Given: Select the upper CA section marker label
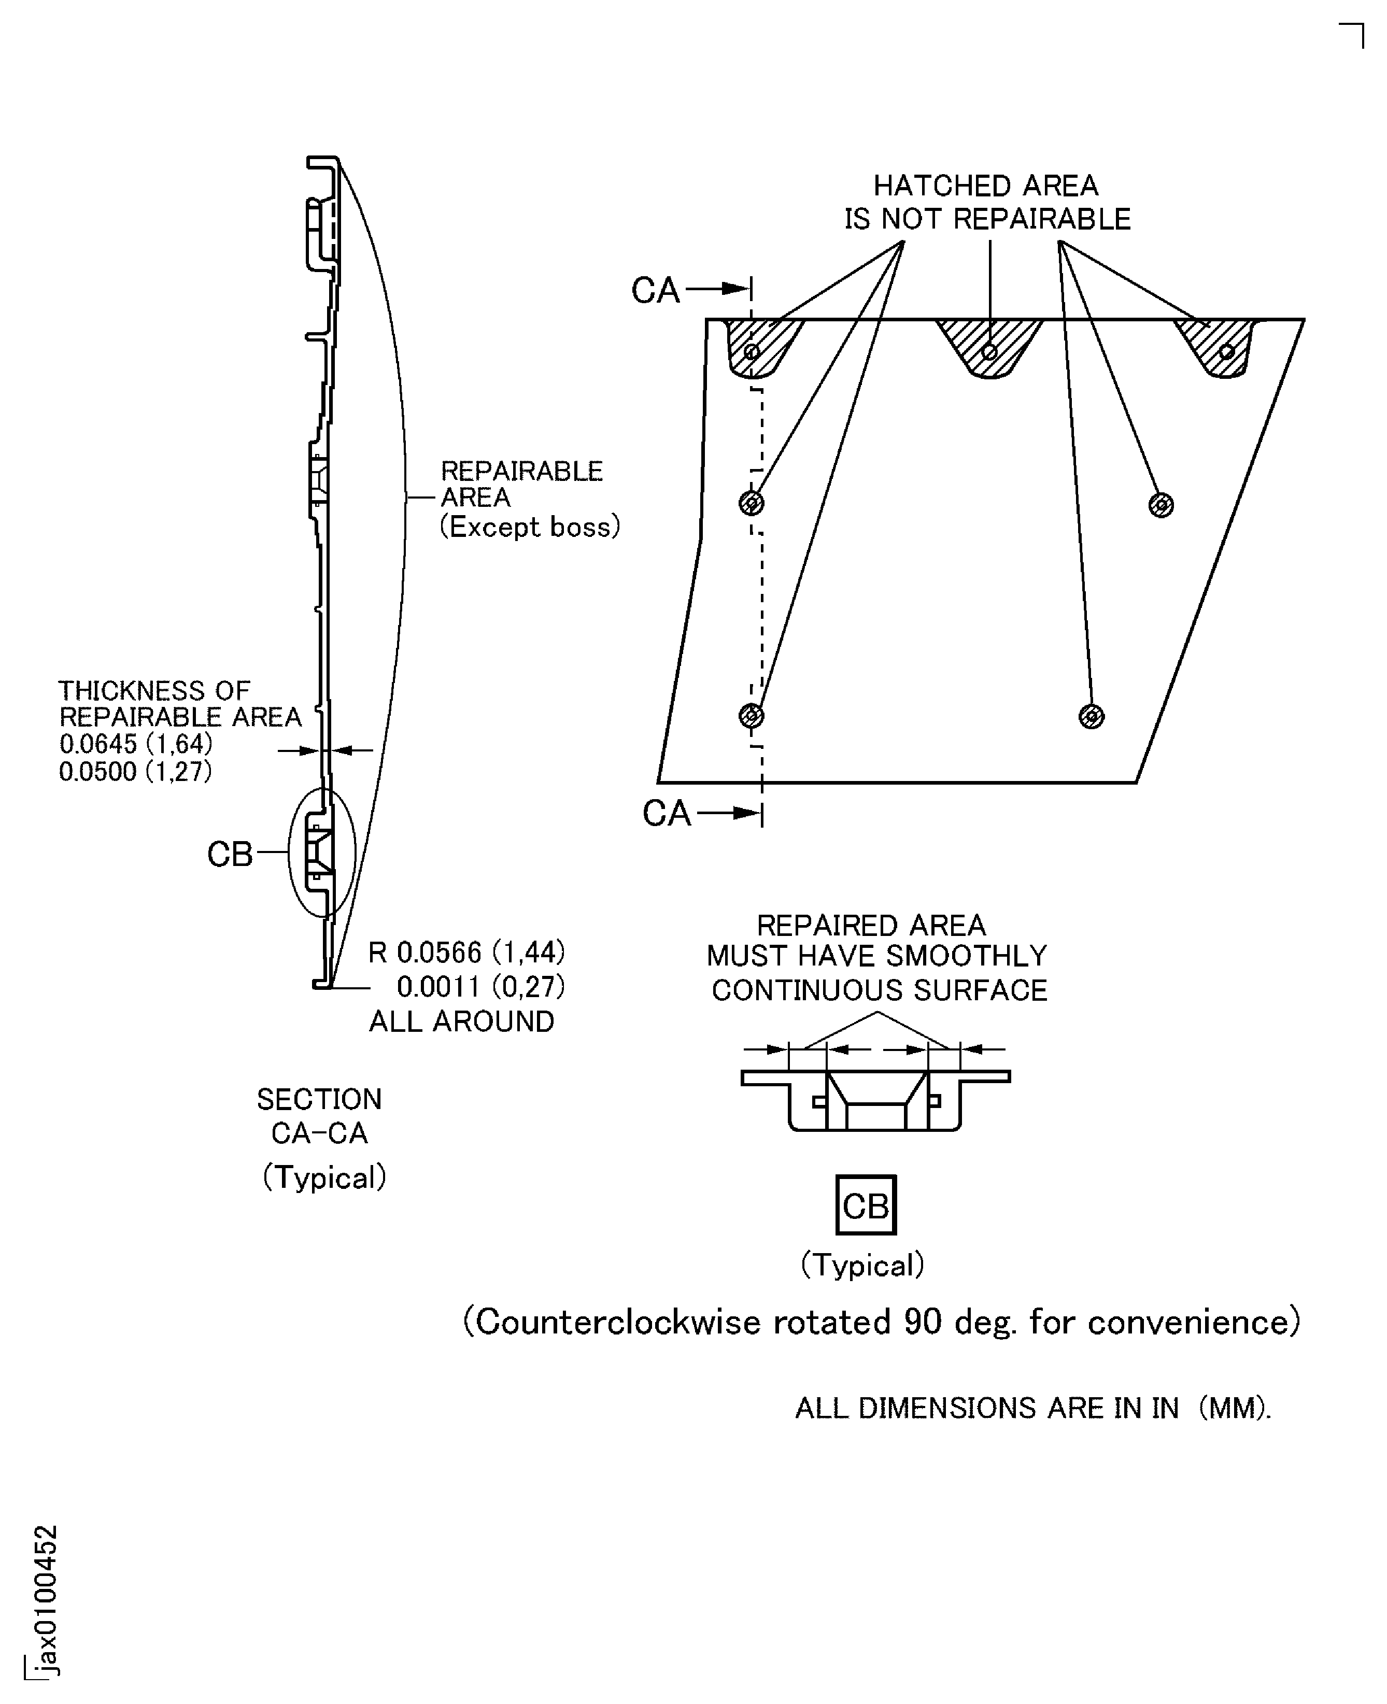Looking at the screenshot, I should click(x=655, y=291).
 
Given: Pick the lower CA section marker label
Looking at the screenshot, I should click(x=667, y=814).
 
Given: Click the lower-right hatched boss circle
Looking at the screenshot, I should click(x=1092, y=717).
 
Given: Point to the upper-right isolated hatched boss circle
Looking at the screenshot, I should click(x=1161, y=505).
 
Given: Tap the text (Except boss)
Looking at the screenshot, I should click(x=530, y=527).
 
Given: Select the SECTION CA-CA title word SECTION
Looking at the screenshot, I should click(x=319, y=1100).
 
